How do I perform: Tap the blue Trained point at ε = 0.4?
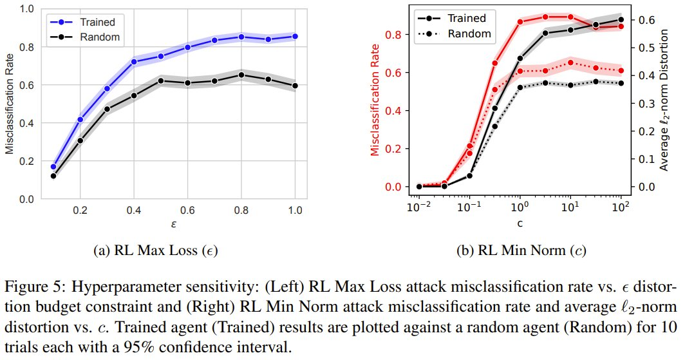pyautogui.click(x=134, y=62)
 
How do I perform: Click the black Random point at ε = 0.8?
pyautogui.click(x=241, y=75)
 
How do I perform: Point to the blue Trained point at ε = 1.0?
pyautogui.click(x=295, y=36)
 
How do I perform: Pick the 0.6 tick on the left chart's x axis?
pyautogui.click(x=187, y=211)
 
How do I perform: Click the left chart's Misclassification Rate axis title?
pyautogui.click(x=10, y=104)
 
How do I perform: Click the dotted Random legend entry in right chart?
pyautogui.click(x=472, y=33)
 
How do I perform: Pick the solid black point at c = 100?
pyautogui.click(x=621, y=19)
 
